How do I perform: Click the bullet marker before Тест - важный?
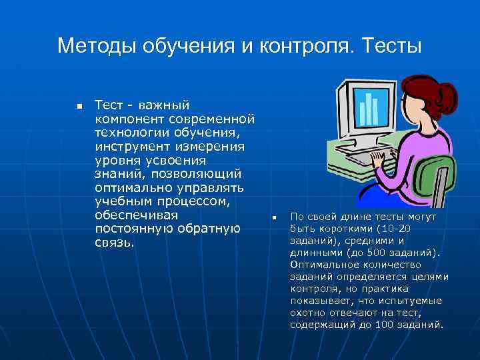coord(78,107)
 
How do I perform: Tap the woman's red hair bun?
coord(444,94)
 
